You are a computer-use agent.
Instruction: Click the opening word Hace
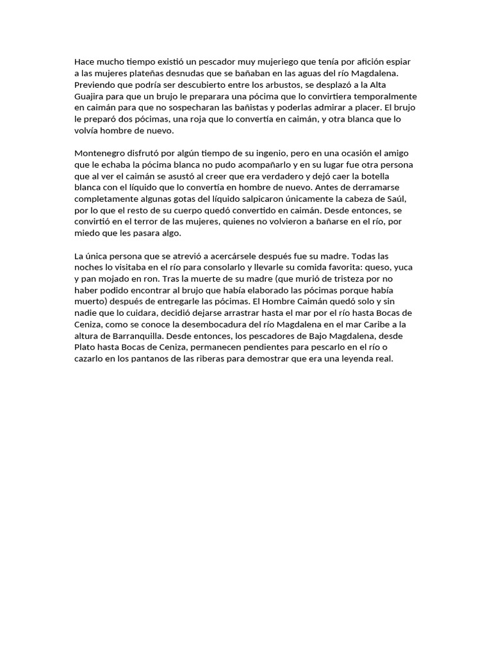click(85, 62)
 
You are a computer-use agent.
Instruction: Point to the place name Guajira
click(91, 96)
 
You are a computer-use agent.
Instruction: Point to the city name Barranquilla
click(142, 336)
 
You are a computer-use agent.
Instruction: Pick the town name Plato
click(85, 347)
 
